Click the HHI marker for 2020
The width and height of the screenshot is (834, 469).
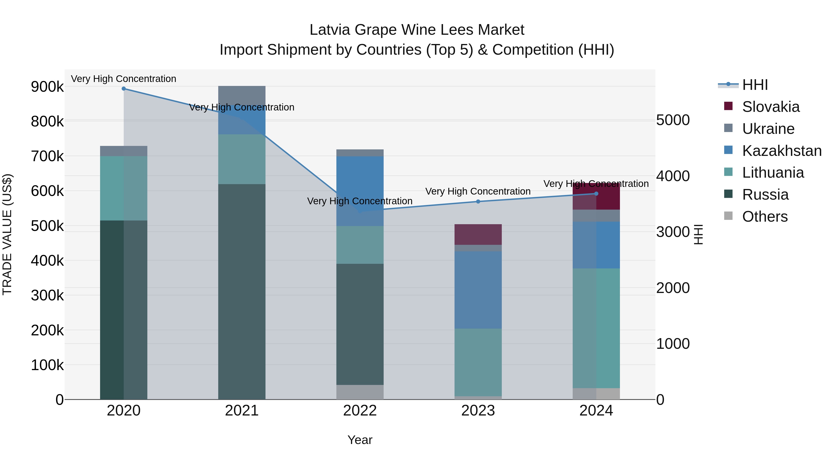pyautogui.click(x=124, y=89)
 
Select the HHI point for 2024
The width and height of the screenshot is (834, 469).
pyautogui.click(x=596, y=194)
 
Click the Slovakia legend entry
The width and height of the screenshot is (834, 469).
pyautogui.click(x=771, y=107)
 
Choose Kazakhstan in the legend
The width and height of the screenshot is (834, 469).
pyautogui.click(x=782, y=151)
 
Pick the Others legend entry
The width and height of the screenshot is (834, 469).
pyautogui.click(x=765, y=217)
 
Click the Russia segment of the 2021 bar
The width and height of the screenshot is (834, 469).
pyautogui.click(x=242, y=291)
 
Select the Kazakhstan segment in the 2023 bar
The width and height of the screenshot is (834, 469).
pyautogui.click(x=478, y=290)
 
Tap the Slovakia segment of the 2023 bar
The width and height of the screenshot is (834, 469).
pyautogui.click(x=478, y=234)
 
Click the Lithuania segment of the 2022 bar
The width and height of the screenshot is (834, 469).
pyautogui.click(x=360, y=245)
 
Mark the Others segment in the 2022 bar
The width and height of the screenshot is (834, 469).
pyautogui.click(x=360, y=392)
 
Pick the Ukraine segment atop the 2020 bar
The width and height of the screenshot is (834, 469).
pyautogui.click(x=124, y=151)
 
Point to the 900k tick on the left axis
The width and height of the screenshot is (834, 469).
pyautogui.click(x=47, y=87)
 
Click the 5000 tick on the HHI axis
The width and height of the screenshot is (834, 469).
pyautogui.click(x=673, y=120)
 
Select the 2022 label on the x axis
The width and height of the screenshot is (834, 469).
pyautogui.click(x=360, y=411)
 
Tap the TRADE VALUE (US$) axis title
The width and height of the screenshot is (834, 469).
pyautogui.click(x=7, y=234)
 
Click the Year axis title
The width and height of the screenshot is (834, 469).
pyautogui.click(x=360, y=440)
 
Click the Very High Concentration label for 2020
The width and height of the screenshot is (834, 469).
pyautogui.click(x=124, y=79)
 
